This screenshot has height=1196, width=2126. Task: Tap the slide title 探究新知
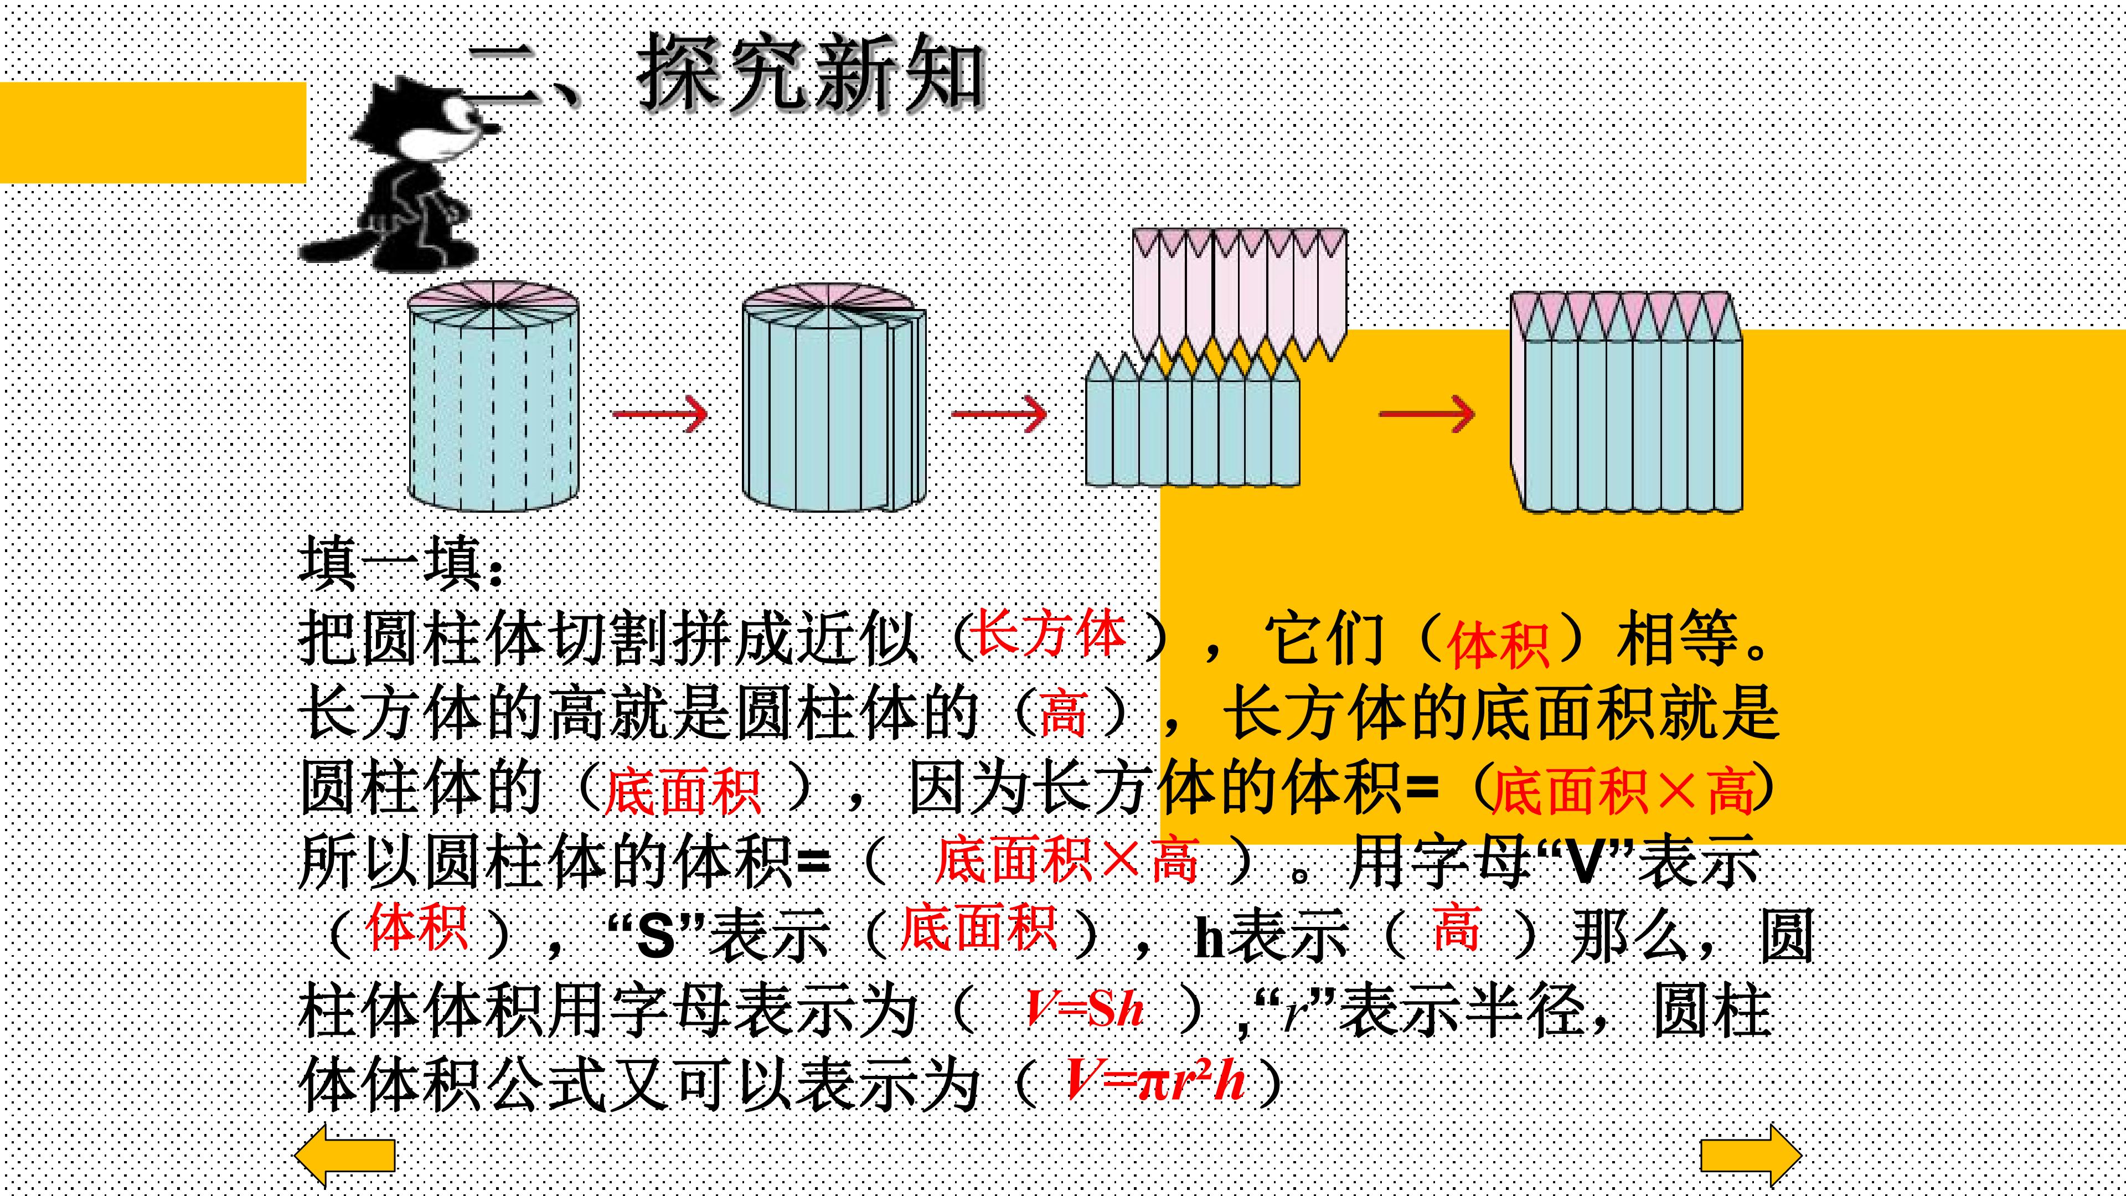(x=811, y=74)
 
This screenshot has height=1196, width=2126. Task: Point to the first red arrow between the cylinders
(x=660, y=413)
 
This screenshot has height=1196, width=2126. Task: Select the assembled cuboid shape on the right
(x=1627, y=402)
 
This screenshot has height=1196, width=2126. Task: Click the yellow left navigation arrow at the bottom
(x=345, y=1156)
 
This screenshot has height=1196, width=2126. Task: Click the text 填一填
(x=400, y=564)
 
